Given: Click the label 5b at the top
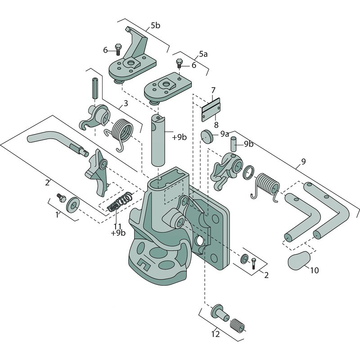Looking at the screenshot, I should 155,25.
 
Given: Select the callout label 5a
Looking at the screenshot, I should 203,54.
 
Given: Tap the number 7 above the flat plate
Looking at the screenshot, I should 213,90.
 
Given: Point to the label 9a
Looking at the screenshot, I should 225,134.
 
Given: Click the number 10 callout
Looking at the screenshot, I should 314,270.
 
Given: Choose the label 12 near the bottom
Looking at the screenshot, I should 216,334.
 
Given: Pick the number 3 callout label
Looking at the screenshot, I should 126,103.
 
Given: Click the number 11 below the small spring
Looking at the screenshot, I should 117,226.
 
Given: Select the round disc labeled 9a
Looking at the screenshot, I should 207,135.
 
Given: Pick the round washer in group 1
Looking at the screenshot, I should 72,205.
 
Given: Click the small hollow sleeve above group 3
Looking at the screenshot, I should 95,88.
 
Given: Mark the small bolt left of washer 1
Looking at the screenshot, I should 60,197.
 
